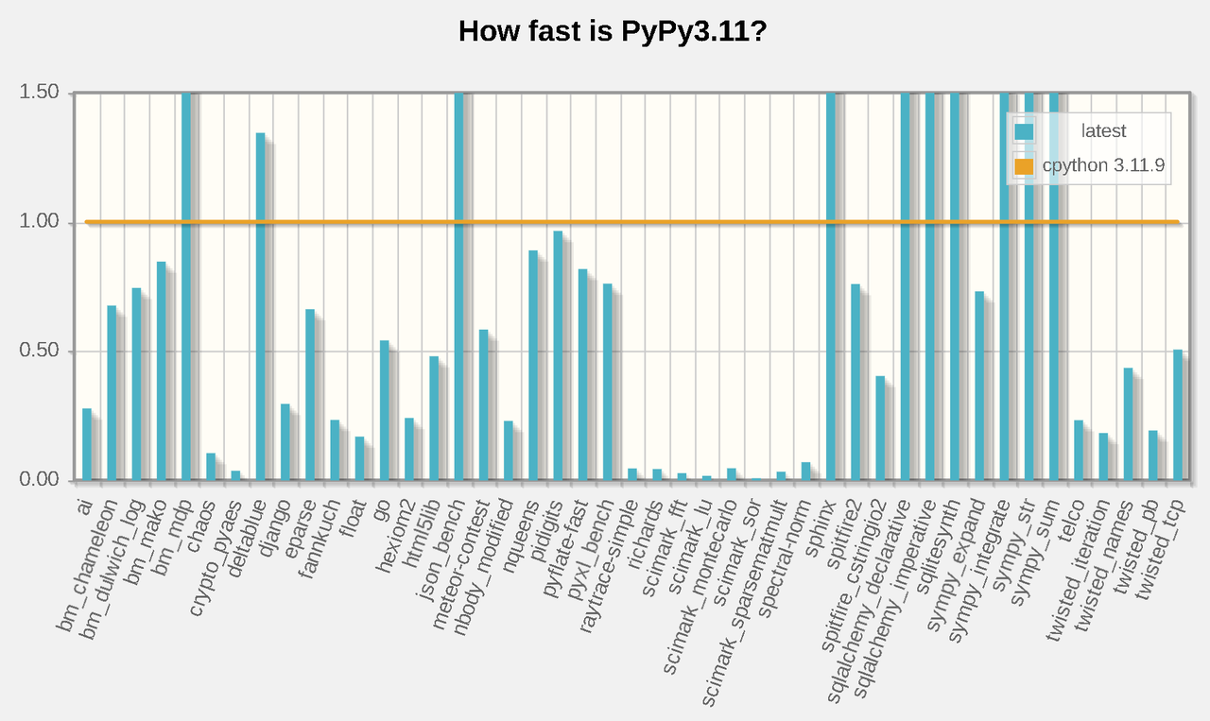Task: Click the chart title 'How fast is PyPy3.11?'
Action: coord(611,31)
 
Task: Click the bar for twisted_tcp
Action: coord(1178,415)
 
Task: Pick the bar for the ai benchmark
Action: coord(87,444)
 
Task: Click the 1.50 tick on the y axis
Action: coord(39,93)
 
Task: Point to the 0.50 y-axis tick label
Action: coord(39,352)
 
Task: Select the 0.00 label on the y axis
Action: coord(39,480)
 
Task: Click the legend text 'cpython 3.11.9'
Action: coord(1103,165)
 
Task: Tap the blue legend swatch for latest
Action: coord(1024,131)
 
